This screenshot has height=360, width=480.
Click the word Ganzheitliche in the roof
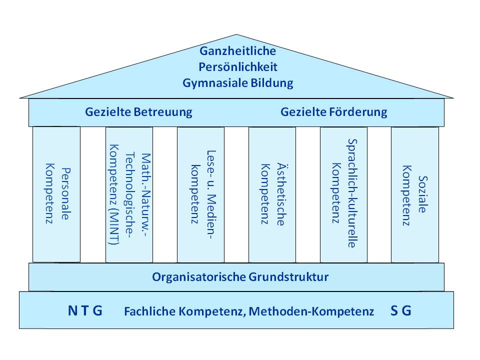[237, 51]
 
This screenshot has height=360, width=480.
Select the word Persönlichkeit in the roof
[238, 66]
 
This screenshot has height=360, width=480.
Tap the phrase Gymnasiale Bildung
[238, 83]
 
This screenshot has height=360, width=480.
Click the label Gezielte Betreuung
[138, 112]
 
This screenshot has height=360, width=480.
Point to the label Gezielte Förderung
[333, 112]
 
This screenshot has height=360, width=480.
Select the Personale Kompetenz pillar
[56, 194]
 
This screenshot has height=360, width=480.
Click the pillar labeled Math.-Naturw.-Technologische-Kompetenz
[129, 194]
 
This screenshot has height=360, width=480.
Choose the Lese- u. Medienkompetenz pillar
[200, 194]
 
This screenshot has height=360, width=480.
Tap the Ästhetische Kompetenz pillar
[272, 194]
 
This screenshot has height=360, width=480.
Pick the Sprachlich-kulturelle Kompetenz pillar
[343, 194]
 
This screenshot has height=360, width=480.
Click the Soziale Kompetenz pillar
[415, 194]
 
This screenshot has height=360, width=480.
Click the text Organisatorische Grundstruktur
[240, 277]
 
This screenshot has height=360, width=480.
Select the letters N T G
[85, 310]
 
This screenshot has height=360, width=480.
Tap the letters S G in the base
[401, 310]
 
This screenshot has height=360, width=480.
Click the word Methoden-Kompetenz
[311, 311]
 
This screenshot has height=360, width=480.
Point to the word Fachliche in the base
[150, 311]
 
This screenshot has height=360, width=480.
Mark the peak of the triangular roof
[236, 34]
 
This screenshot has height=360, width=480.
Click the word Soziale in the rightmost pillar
[423, 194]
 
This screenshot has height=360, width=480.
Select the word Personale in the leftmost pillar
[66, 193]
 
